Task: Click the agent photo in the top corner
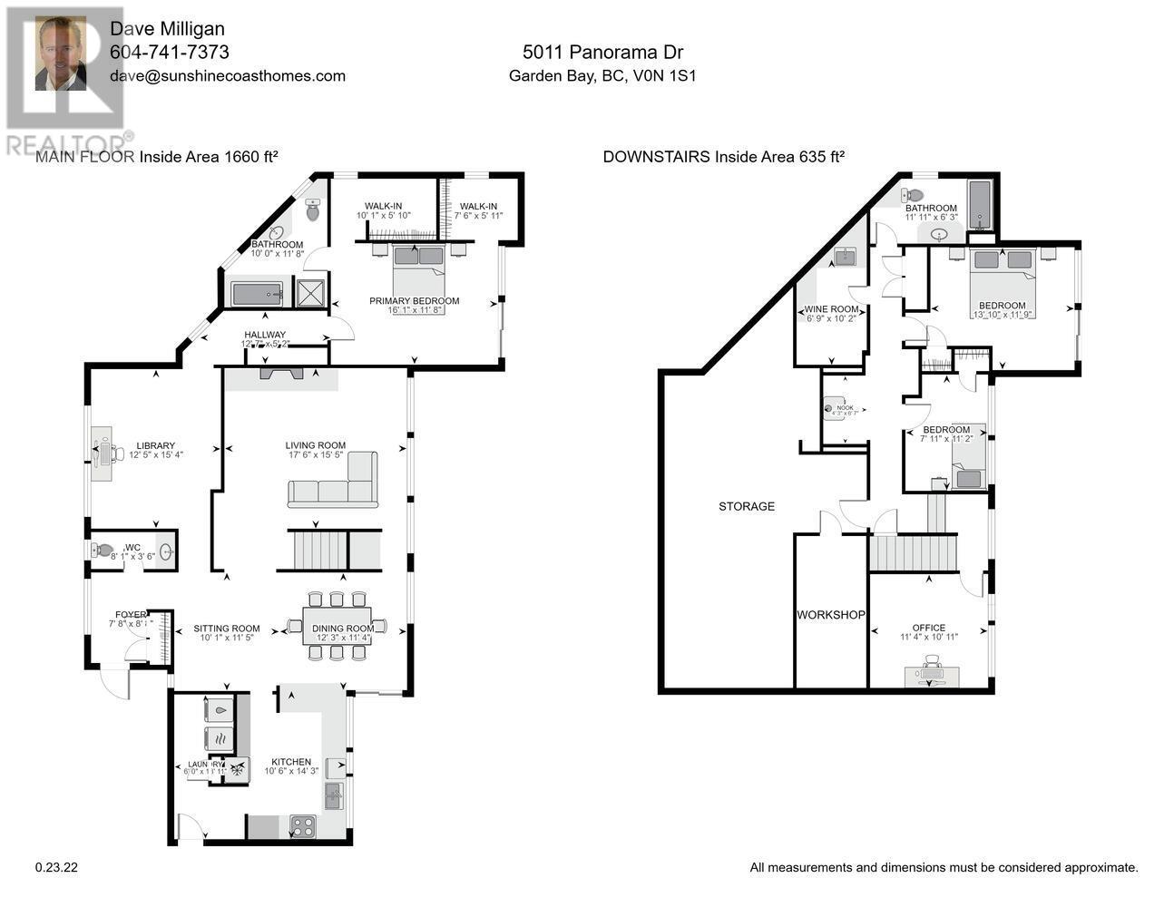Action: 61,55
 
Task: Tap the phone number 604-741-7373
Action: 169,53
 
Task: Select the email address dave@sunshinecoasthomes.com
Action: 227,76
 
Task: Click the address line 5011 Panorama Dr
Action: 602,53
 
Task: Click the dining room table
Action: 337,626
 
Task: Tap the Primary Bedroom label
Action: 414,301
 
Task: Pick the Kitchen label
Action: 291,762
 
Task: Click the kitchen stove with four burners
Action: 302,826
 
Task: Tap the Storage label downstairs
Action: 747,506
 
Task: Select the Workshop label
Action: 830,615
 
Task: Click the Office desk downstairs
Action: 929,672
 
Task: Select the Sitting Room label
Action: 227,629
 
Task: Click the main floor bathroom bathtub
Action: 257,294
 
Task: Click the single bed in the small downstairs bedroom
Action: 969,473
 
